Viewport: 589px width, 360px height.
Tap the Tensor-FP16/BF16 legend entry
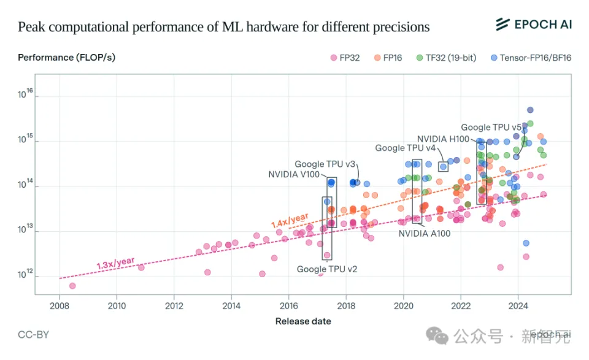click(531, 58)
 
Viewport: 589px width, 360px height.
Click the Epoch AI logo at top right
click(533, 25)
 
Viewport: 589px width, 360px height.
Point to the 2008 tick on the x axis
click(60, 305)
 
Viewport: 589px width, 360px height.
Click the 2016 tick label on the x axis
click(289, 305)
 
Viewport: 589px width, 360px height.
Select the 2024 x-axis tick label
click(518, 305)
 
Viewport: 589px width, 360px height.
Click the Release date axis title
click(303, 321)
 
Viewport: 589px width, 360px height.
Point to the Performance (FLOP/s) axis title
click(66, 58)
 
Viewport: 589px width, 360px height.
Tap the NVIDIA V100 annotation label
click(294, 175)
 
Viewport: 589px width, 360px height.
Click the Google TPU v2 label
click(327, 269)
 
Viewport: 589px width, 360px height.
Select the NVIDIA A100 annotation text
click(425, 234)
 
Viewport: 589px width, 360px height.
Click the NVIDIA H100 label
click(442, 139)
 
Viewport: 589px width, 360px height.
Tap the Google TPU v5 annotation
click(491, 128)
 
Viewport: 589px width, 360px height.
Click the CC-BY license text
click(33, 335)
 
